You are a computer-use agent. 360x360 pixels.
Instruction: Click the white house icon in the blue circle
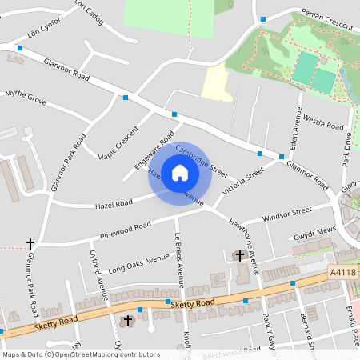180,171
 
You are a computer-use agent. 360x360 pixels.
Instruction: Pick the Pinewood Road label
126,230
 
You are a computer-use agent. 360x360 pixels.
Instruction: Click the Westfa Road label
323,125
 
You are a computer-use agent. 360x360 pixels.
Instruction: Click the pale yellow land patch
217,82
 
